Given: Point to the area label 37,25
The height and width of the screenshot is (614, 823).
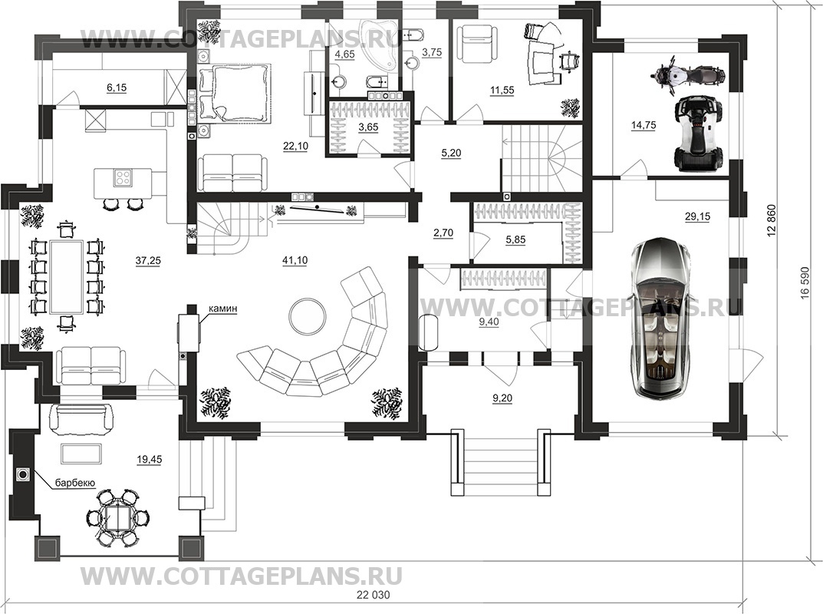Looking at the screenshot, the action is (148, 261).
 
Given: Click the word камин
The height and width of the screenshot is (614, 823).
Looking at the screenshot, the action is (222, 309).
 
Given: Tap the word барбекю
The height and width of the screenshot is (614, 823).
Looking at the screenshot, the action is (75, 482).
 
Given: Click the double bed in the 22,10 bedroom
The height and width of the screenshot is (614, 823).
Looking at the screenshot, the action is (235, 91).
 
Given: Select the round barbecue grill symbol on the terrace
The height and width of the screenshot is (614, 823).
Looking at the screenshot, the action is (22, 475).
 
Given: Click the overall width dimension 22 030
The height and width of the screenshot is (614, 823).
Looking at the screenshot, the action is (374, 595).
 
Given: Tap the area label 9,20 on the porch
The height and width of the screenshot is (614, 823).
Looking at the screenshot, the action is (502, 398).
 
